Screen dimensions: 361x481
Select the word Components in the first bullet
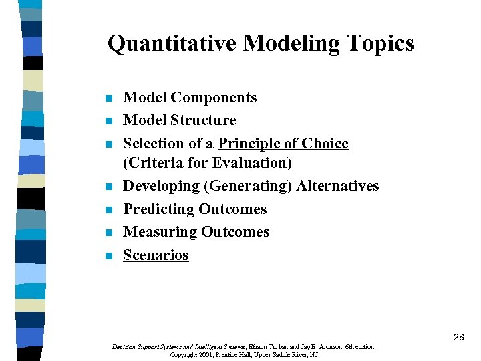coord(213,98)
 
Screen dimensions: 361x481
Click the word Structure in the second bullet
coord(203,120)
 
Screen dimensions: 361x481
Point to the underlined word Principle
coord(250,144)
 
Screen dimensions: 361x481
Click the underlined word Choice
coord(324,144)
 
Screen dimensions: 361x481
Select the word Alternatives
coord(337,186)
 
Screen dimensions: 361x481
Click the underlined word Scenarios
coord(156,255)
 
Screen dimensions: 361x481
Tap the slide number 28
coord(458,338)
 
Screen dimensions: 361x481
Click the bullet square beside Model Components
coord(109,99)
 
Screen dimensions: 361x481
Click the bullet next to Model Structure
coord(109,122)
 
